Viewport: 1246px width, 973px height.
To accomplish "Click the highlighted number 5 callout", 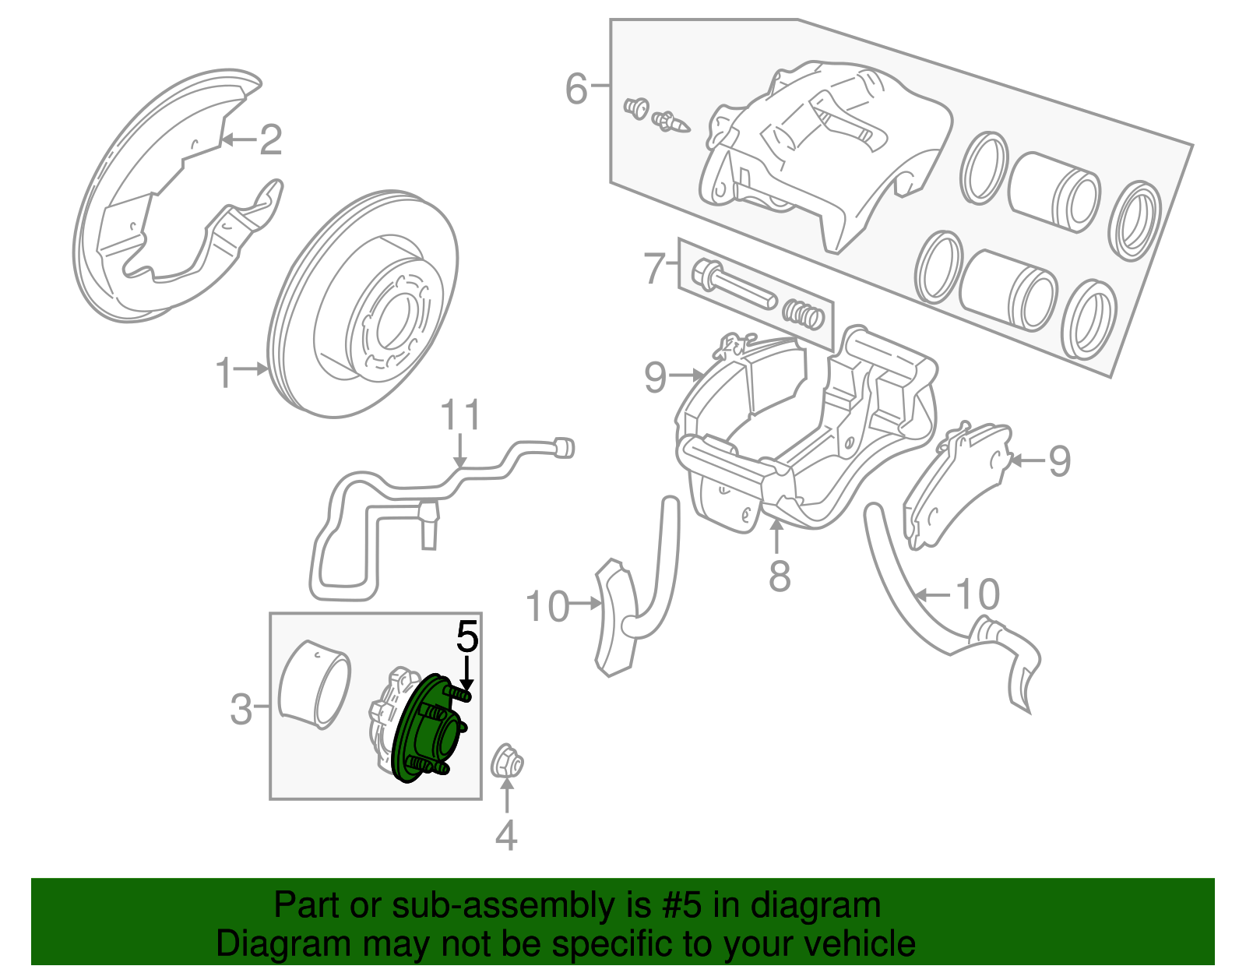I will (x=466, y=637).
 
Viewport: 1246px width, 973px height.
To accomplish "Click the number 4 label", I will (x=506, y=836).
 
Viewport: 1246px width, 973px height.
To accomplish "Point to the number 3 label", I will (x=241, y=710).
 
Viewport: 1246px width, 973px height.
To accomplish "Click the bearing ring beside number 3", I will (x=315, y=685).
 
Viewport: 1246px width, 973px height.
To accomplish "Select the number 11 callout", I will (x=460, y=416).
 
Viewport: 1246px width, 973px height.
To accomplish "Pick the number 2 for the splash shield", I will (x=269, y=140).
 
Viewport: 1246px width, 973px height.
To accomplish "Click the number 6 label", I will (x=576, y=88).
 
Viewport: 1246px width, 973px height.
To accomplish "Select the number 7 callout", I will (x=654, y=268).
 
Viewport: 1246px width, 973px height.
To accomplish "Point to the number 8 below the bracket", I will (x=779, y=577).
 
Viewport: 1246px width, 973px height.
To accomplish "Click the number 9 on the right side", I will (x=1059, y=461).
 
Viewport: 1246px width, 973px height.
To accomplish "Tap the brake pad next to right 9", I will (x=954, y=487).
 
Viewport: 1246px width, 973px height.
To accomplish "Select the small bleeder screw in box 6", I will (x=671, y=122).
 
